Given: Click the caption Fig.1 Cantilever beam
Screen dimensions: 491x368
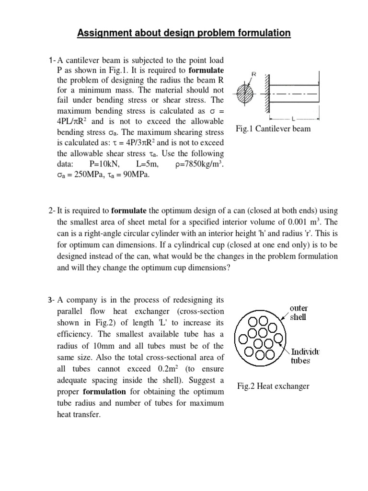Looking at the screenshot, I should coord(274,129).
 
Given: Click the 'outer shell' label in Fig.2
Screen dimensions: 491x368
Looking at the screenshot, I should coord(299,312).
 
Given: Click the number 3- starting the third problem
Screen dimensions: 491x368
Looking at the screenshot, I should coord(52,301).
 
